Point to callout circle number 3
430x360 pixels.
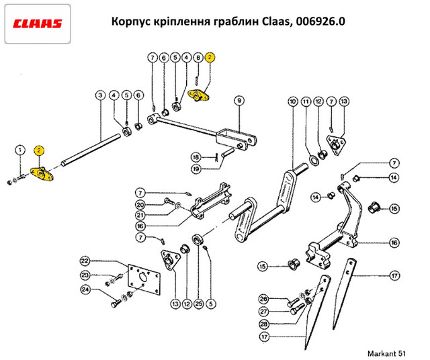click(99, 95)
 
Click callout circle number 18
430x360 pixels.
click(196, 156)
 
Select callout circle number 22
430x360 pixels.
click(85, 261)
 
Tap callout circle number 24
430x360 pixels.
click(85, 290)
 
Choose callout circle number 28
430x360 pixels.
click(263, 324)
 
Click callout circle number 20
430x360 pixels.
click(140, 205)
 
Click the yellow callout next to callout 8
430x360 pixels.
click(210, 58)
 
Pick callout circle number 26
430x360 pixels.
click(263, 299)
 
